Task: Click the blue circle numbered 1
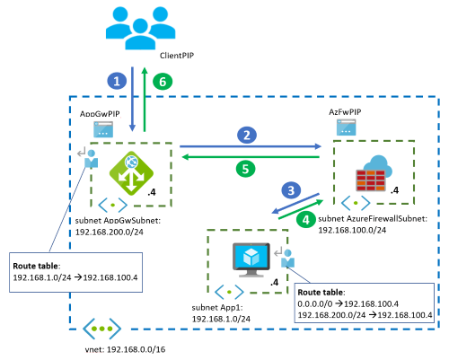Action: click(117, 81)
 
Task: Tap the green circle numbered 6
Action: click(163, 82)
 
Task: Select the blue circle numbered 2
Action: click(247, 135)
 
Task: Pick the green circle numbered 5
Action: click(245, 169)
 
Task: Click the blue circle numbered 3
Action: click(291, 190)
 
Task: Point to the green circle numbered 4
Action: click(305, 220)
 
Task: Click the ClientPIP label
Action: click(177, 56)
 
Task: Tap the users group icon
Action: click(140, 29)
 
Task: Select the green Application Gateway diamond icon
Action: click(131, 173)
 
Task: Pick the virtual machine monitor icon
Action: click(251, 259)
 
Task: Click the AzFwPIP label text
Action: click(345, 112)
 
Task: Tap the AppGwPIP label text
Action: click(100, 114)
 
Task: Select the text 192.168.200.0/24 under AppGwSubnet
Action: click(110, 233)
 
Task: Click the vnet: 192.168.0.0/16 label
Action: click(125, 349)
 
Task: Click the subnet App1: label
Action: click(217, 308)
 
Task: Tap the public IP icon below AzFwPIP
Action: click(346, 127)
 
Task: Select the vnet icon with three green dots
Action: click(101, 329)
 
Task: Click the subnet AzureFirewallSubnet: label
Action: click(373, 219)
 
